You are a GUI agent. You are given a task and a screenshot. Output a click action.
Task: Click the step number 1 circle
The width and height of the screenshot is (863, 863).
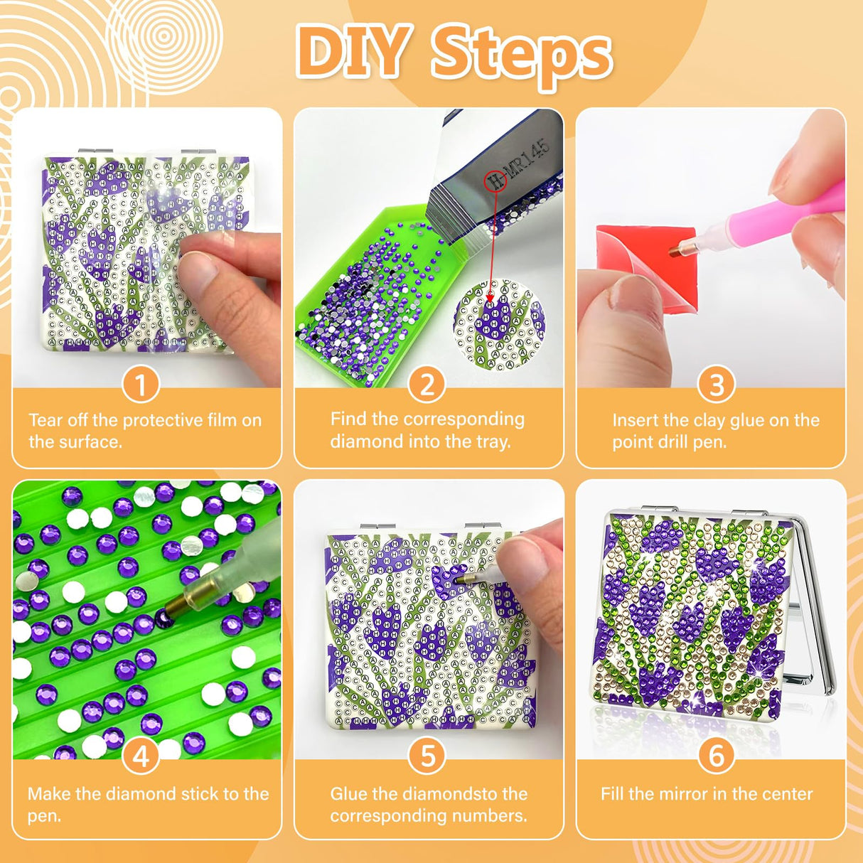(141, 385)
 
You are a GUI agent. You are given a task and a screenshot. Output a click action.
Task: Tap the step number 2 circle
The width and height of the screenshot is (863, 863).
(427, 385)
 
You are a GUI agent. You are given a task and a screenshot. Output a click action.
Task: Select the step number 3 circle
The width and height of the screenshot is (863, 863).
(717, 385)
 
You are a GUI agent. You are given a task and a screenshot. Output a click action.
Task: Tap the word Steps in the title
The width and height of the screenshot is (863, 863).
(521, 55)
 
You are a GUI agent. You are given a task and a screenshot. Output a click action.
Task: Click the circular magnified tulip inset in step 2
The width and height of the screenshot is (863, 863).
(499, 325)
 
